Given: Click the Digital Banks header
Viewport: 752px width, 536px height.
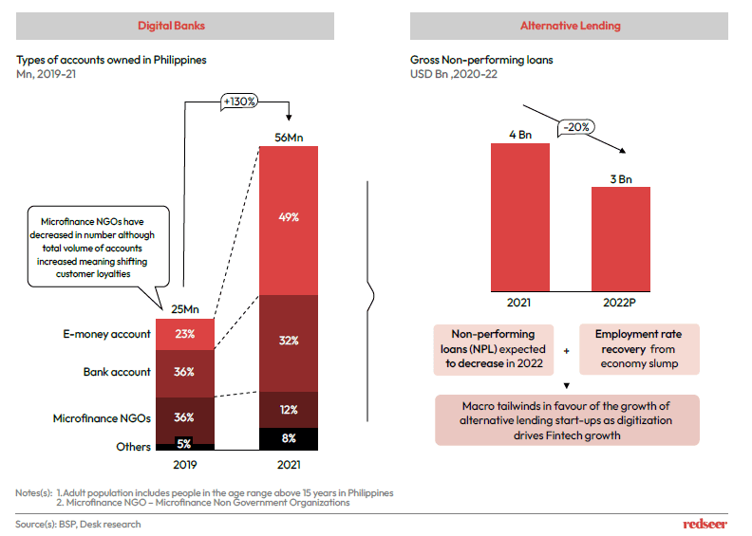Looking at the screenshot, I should [174, 26].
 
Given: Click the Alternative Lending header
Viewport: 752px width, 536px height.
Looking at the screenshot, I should [570, 26].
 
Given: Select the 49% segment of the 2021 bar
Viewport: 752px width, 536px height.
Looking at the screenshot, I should [289, 218].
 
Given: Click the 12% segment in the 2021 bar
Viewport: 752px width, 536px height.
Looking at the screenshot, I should [289, 409].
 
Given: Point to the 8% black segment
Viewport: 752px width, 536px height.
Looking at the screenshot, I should [289, 438].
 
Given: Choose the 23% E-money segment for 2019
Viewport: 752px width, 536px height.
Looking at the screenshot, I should [185, 334].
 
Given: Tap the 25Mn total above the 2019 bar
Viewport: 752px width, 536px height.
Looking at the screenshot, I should [185, 308].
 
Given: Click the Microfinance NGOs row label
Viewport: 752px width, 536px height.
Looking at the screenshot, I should [106, 417].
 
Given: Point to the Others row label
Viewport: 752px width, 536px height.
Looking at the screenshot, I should [134, 447].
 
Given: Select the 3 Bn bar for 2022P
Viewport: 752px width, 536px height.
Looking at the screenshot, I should [620, 237].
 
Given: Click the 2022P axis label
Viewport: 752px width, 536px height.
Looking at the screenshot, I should [620, 303].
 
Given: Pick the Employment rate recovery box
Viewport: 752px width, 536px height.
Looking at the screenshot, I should [638, 349].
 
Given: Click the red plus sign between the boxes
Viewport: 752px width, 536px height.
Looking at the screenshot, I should [567, 351].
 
